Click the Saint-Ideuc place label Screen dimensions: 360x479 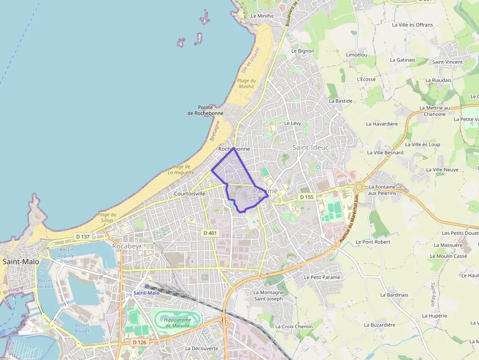tap(310, 147)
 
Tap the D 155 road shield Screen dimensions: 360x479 tap(306, 197)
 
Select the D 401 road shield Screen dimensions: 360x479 tap(209, 233)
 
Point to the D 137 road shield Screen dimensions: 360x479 tap(83, 237)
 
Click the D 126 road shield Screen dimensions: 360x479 tap(139, 342)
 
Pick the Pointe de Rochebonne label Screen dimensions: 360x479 tap(205, 110)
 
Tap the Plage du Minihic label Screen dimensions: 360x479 tap(246, 84)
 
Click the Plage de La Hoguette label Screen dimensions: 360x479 tap(181, 169)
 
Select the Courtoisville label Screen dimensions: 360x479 tap(190, 194)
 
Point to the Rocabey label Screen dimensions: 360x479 tap(126, 246)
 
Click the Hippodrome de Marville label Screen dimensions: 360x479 tap(177, 322)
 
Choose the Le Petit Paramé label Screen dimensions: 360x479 tap(322, 277)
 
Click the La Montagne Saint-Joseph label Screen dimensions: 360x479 tap(268, 296)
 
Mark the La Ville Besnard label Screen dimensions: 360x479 tap(385, 152)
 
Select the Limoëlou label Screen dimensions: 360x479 tap(356, 55)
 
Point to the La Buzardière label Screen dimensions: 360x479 tap(379, 324)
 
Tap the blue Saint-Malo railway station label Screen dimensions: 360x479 tap(147, 293)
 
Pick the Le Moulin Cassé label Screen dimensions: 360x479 tap(448, 256)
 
